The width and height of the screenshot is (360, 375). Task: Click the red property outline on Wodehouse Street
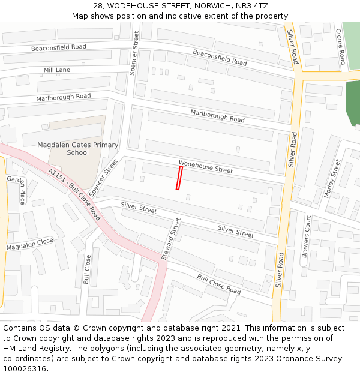(179, 178)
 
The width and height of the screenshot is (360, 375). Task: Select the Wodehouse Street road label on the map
(205, 167)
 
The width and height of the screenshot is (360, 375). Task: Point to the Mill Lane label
(56, 70)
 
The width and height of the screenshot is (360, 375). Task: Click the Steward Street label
(170, 239)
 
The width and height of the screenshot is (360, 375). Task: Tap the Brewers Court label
(306, 236)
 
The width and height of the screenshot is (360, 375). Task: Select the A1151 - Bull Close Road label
(74, 194)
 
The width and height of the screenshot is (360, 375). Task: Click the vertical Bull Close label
(88, 269)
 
